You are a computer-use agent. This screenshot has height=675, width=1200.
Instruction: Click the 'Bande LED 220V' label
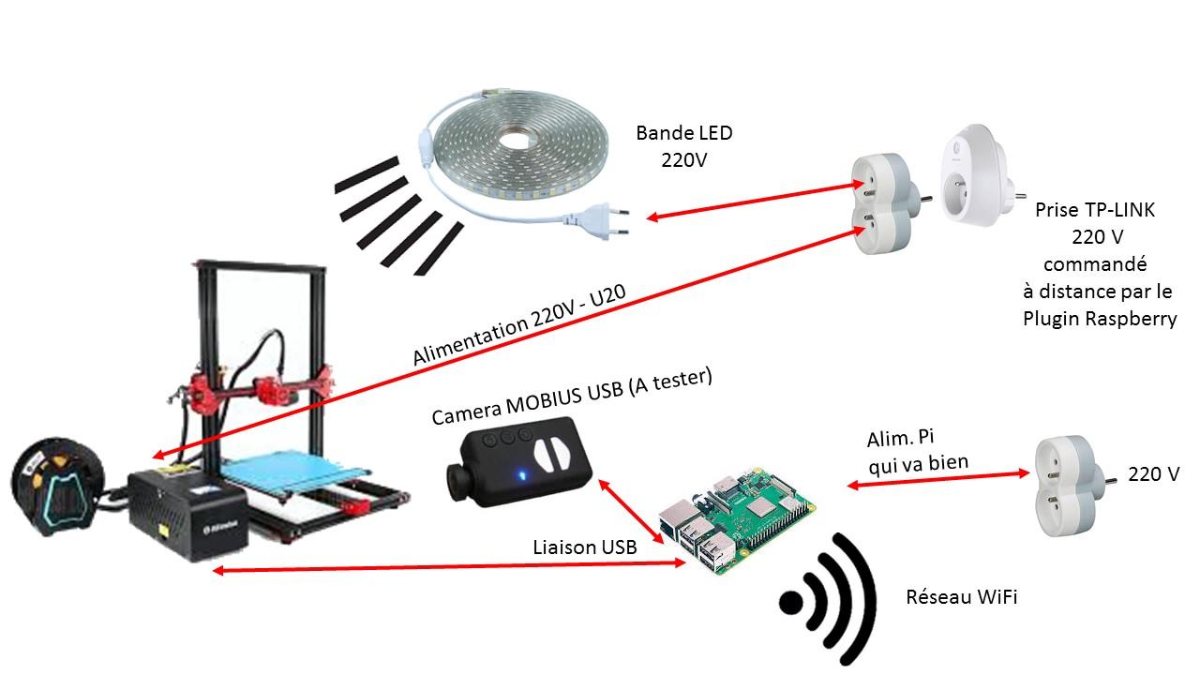click(683, 146)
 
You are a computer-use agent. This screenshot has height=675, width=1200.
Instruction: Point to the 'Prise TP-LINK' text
click(1095, 210)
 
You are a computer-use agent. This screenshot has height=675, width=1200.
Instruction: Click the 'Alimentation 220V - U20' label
click(518, 326)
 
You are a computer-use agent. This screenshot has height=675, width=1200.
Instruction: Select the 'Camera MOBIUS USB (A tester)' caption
click(572, 397)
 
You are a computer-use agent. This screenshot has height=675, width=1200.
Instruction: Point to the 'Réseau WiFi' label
click(961, 597)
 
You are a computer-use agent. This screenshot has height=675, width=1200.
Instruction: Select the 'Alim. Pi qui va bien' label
click(917, 450)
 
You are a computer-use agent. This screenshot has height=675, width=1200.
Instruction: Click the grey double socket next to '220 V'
click(1063, 487)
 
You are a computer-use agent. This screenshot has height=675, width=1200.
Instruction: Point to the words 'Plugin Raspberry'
click(1099, 318)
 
